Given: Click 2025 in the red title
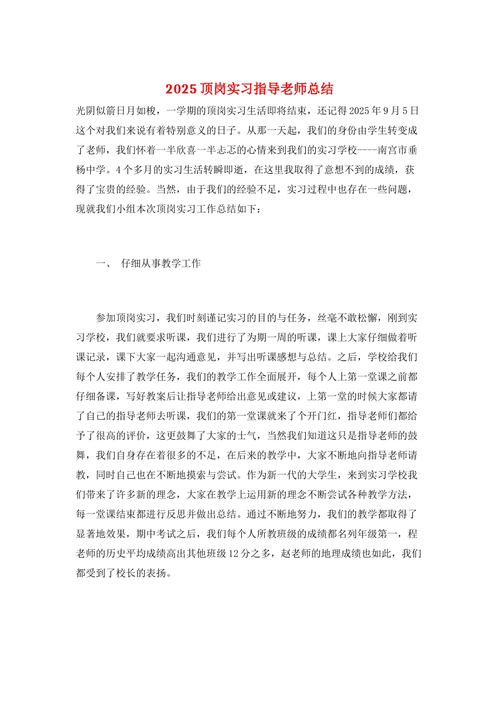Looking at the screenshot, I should click(x=181, y=89).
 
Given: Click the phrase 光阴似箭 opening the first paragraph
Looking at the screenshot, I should click(x=96, y=111).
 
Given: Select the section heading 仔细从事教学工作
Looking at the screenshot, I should click(x=161, y=264).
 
